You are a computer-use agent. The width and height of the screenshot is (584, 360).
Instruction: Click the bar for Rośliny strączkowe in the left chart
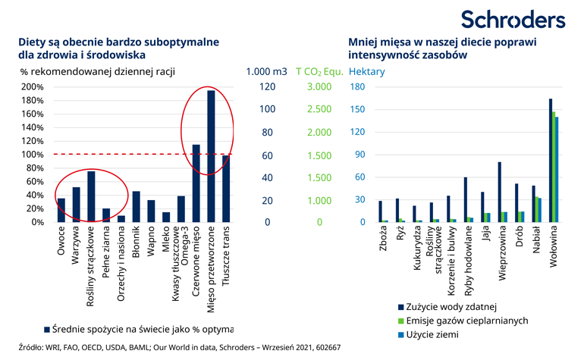click(91, 197)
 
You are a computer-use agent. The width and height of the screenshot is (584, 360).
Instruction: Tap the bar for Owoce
click(61, 211)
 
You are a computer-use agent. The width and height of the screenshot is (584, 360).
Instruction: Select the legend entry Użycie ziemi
click(438, 334)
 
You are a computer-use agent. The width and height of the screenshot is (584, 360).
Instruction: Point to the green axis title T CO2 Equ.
click(319, 72)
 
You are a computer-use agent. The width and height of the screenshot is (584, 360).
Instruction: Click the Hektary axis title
click(366, 72)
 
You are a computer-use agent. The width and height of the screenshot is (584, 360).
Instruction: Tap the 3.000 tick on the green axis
click(319, 86)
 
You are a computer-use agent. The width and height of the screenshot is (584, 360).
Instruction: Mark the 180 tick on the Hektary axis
click(357, 86)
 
